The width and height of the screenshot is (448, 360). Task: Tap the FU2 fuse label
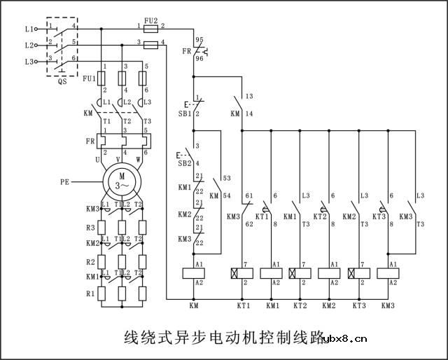click(150, 21)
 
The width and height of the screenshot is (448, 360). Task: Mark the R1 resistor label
click(90, 295)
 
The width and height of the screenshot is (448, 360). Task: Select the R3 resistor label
click(90, 228)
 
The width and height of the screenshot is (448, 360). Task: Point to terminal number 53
click(226, 179)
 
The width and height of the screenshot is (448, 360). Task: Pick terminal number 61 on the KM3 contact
click(248, 195)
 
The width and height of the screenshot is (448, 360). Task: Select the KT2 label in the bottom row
click(300, 306)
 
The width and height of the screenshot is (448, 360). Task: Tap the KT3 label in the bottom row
click(359, 306)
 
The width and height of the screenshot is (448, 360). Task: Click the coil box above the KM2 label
click(329, 273)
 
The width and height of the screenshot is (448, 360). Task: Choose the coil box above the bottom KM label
click(193, 273)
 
